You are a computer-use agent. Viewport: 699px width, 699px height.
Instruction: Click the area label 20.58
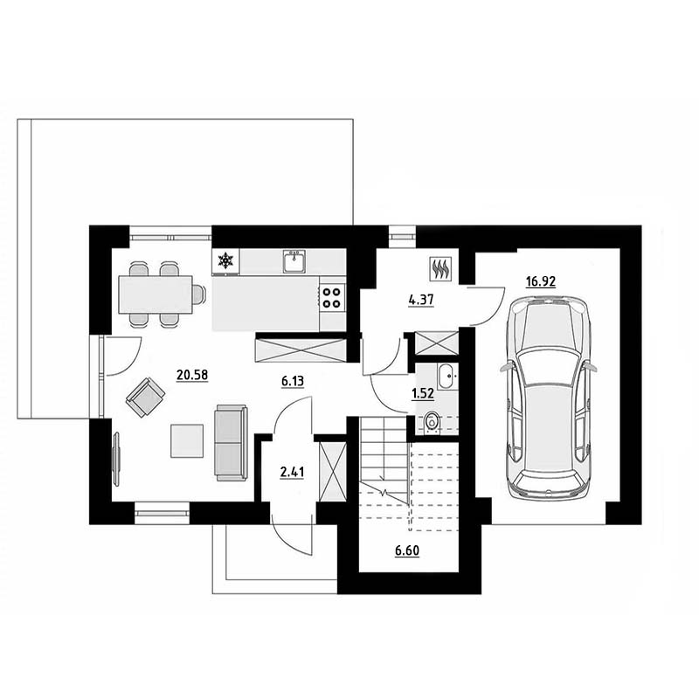click(x=192, y=375)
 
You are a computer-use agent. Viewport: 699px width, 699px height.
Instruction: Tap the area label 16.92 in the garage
click(x=541, y=281)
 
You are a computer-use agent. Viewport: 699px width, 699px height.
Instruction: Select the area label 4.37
click(x=421, y=300)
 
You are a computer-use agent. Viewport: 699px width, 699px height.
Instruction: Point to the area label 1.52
click(x=423, y=393)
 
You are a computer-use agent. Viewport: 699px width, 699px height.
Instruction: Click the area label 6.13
click(x=293, y=381)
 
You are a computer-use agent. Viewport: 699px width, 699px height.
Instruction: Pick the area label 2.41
click(x=292, y=472)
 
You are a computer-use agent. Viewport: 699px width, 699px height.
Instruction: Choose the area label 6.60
click(x=407, y=551)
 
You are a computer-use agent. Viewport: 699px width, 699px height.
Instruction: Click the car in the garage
click(x=549, y=397)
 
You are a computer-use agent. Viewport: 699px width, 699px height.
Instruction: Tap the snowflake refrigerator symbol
click(x=225, y=260)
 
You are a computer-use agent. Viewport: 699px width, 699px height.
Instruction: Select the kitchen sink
click(x=294, y=261)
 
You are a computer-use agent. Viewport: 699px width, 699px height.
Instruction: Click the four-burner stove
click(x=333, y=298)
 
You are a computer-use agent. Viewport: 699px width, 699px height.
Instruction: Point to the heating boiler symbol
click(x=441, y=269)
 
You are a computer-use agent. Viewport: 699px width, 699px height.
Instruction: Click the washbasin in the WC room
click(x=446, y=377)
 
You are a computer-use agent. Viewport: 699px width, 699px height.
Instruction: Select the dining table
click(x=156, y=294)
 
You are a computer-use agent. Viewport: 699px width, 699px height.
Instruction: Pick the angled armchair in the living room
click(x=145, y=398)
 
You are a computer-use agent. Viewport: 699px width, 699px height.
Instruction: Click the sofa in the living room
click(x=231, y=443)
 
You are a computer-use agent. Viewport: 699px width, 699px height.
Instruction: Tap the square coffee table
click(x=187, y=441)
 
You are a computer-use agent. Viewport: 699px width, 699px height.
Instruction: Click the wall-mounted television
click(x=117, y=459)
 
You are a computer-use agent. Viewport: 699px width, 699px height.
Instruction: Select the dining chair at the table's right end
click(x=199, y=294)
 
